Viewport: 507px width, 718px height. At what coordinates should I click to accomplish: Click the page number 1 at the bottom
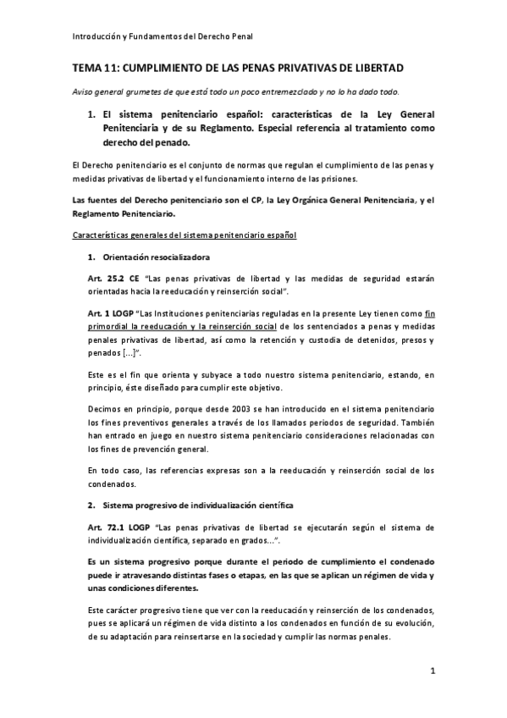tap(432, 672)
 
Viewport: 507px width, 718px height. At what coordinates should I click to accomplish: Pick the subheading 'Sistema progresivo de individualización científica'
tap(197, 505)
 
